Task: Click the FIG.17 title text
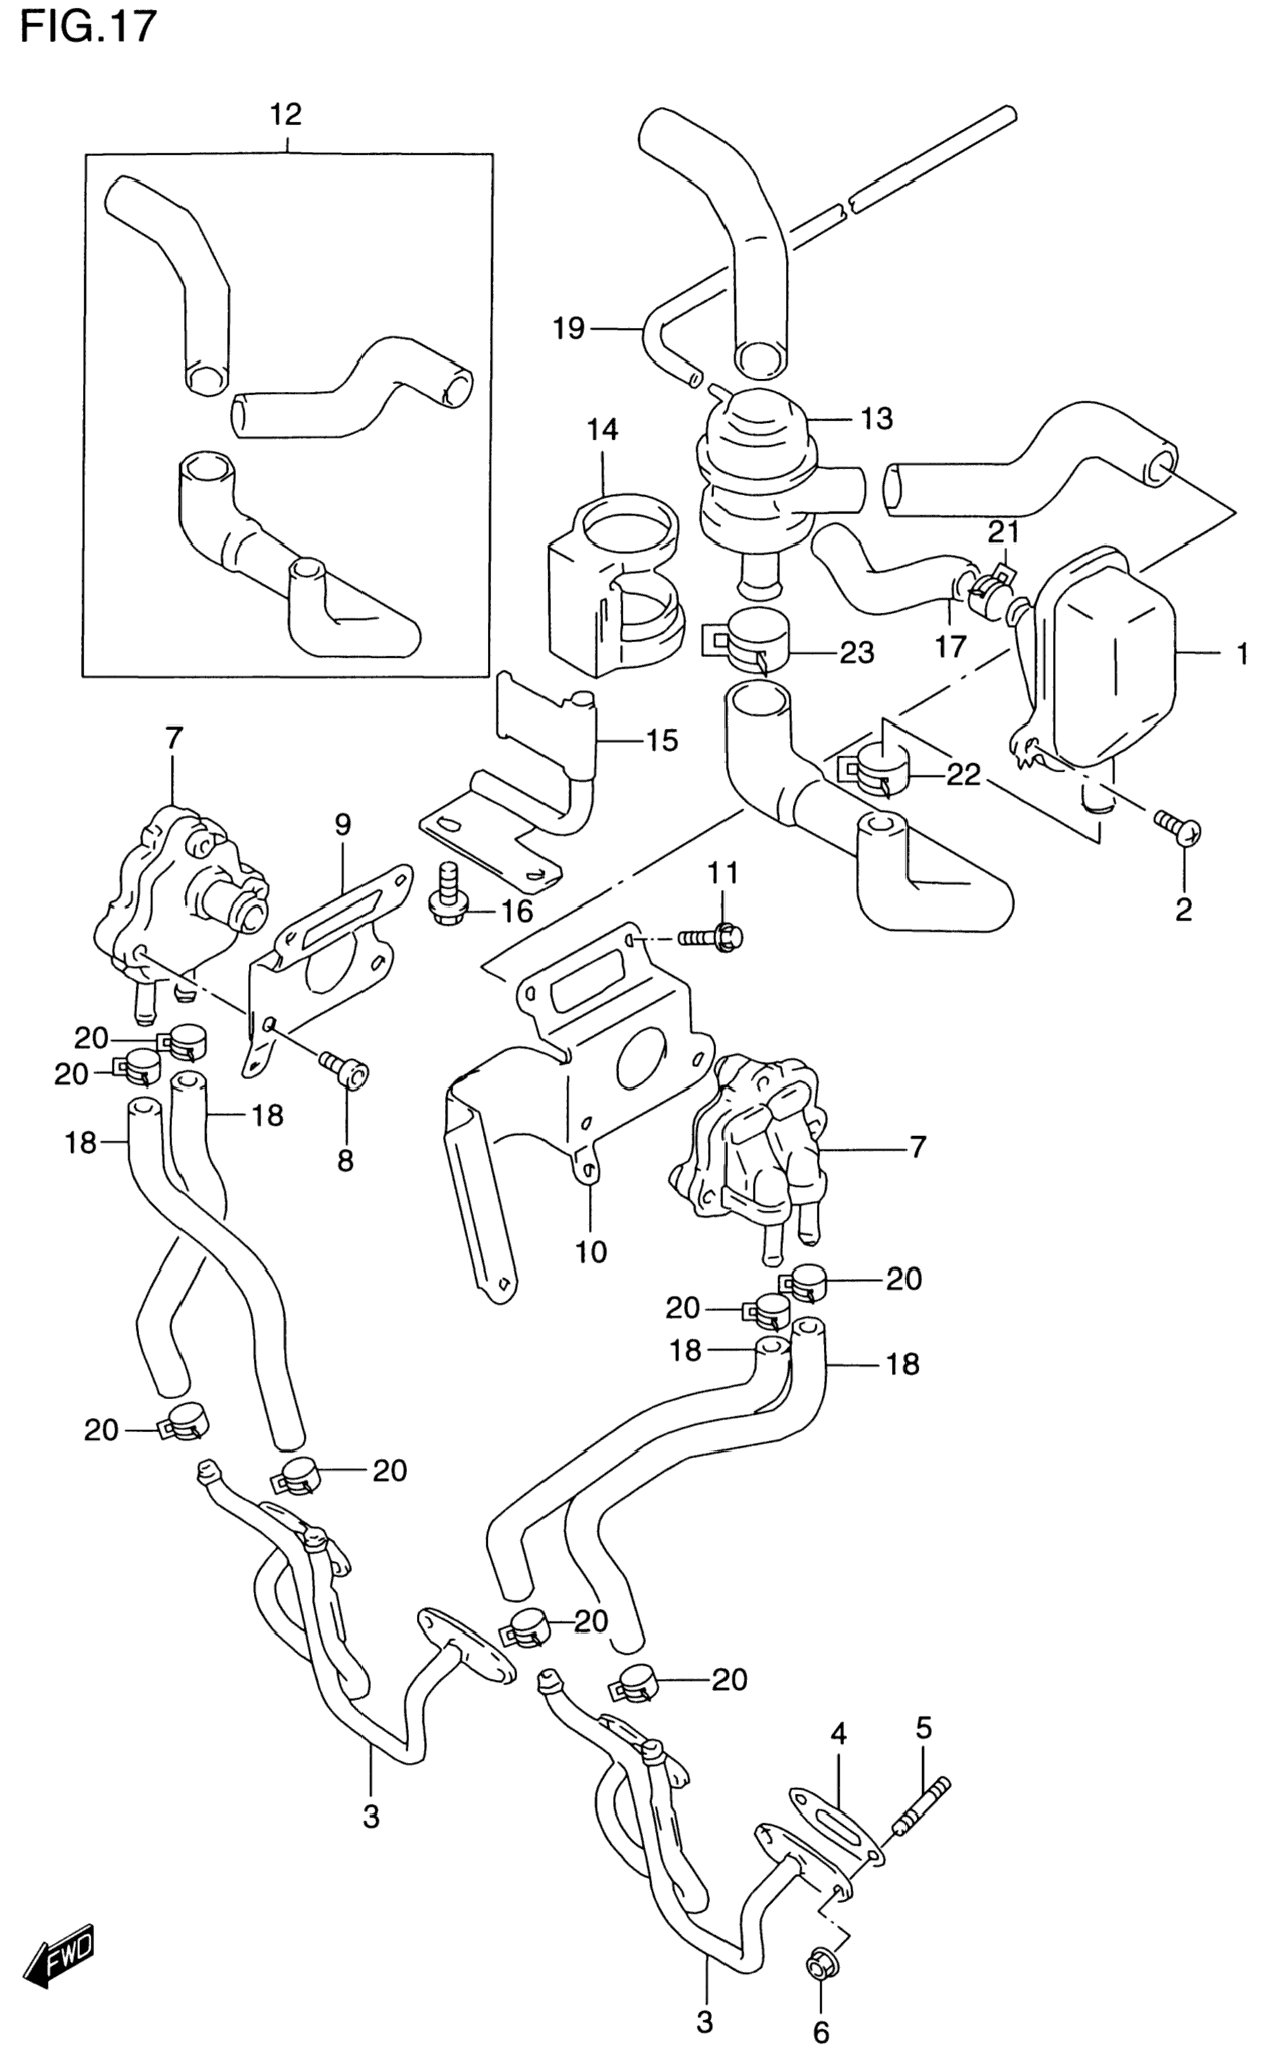point(87,26)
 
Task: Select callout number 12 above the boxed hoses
point(285,114)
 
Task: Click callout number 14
point(602,430)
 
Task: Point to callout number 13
point(876,418)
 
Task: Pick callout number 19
point(569,328)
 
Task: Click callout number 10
point(590,1253)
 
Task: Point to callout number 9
point(343,824)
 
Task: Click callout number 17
point(951,646)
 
